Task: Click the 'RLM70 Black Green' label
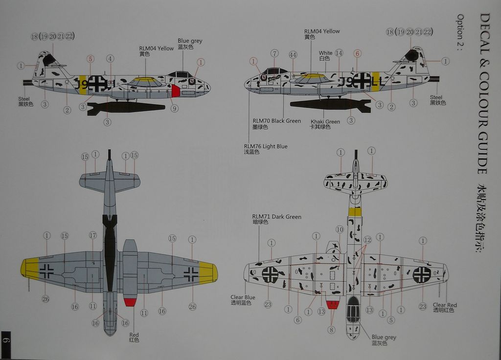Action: coord(276,121)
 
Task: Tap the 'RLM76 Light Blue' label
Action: coord(266,146)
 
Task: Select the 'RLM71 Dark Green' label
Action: coord(276,217)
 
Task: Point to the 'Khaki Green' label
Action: coord(325,122)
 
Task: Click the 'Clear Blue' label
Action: coord(243,297)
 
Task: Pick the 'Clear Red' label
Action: coord(445,305)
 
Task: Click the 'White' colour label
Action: coord(325,53)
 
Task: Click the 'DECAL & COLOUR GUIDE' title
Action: coord(484,93)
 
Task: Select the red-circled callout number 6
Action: coord(357,54)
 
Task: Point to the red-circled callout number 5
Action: coord(90,59)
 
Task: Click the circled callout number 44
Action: coord(293,55)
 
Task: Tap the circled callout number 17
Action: coord(93,235)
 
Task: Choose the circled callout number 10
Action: coord(340,229)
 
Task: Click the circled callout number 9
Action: coord(175,109)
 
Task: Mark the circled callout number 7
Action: coord(274,53)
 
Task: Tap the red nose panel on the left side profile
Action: coord(176,90)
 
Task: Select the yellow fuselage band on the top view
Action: coord(355,211)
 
